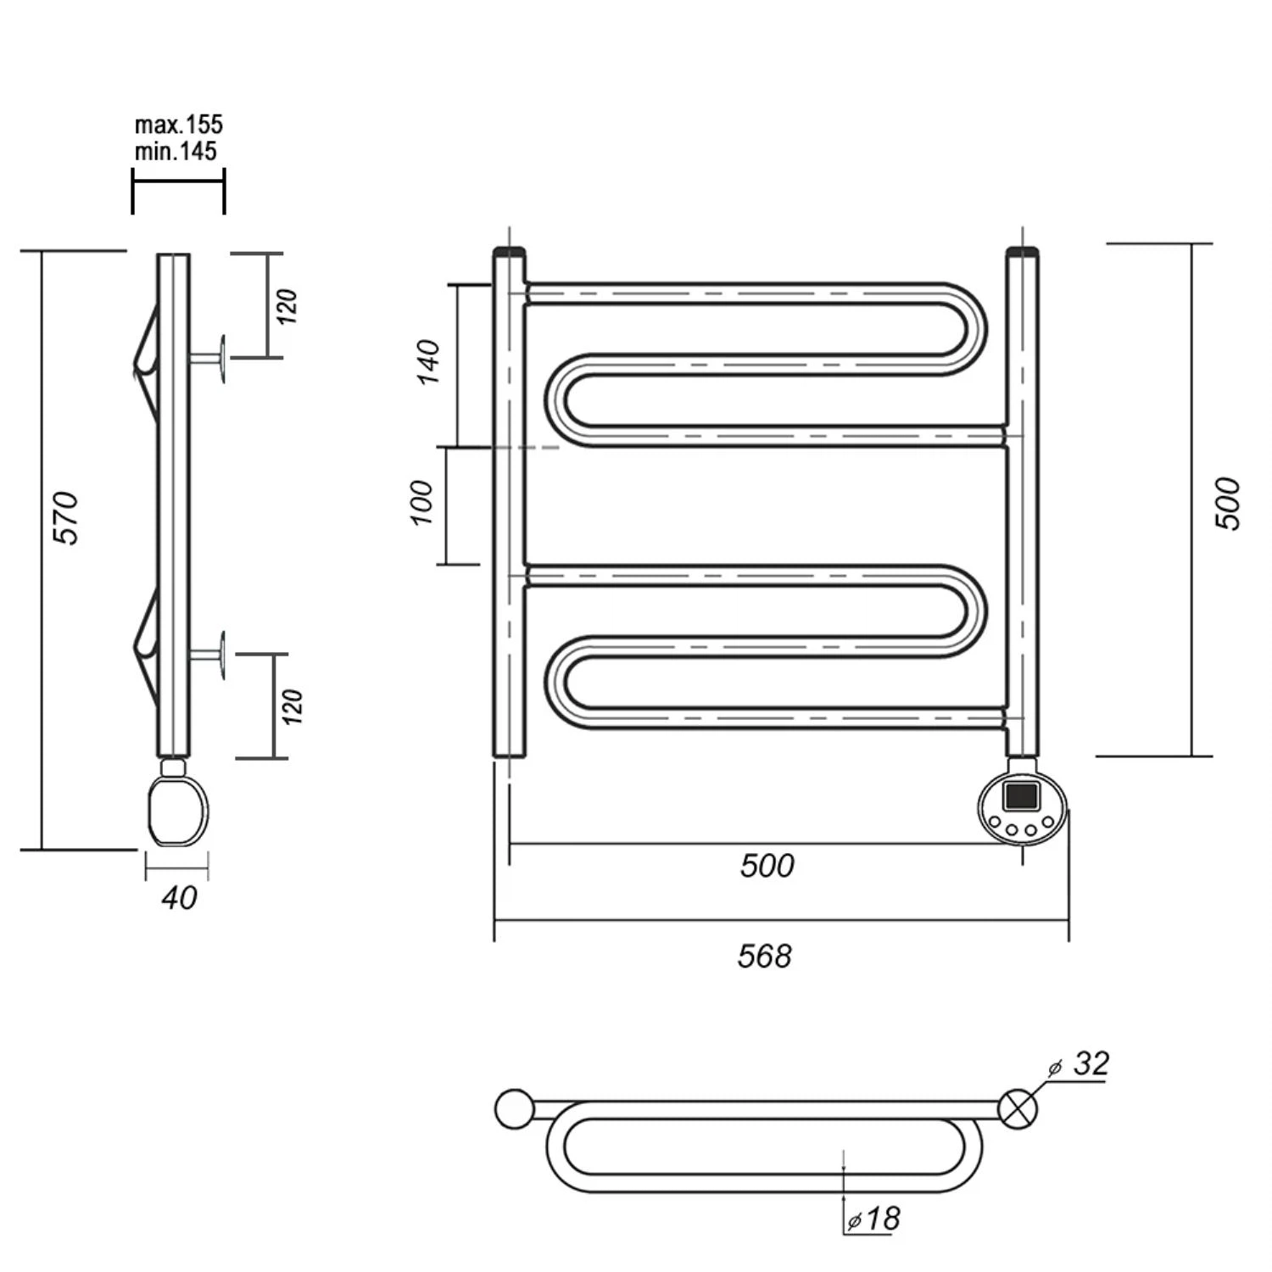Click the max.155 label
(179, 125)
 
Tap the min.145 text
(176, 152)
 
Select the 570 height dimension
(66, 517)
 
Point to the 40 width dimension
(179, 897)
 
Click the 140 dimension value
(429, 362)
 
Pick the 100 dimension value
(421, 502)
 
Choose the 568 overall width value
(765, 957)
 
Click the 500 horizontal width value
(767, 866)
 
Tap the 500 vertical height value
(1228, 504)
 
